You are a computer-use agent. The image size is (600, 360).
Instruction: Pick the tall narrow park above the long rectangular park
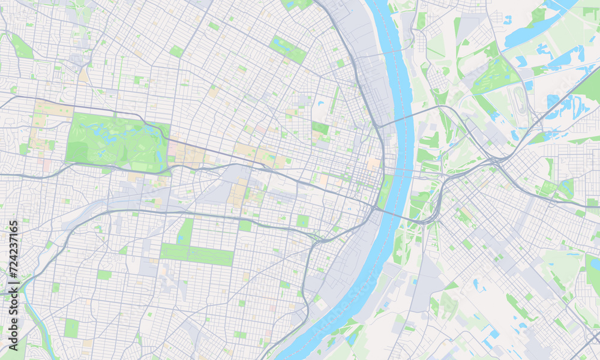[185, 231]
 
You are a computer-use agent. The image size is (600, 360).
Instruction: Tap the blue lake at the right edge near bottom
[594, 264]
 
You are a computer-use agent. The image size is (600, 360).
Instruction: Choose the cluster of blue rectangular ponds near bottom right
[489, 336]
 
